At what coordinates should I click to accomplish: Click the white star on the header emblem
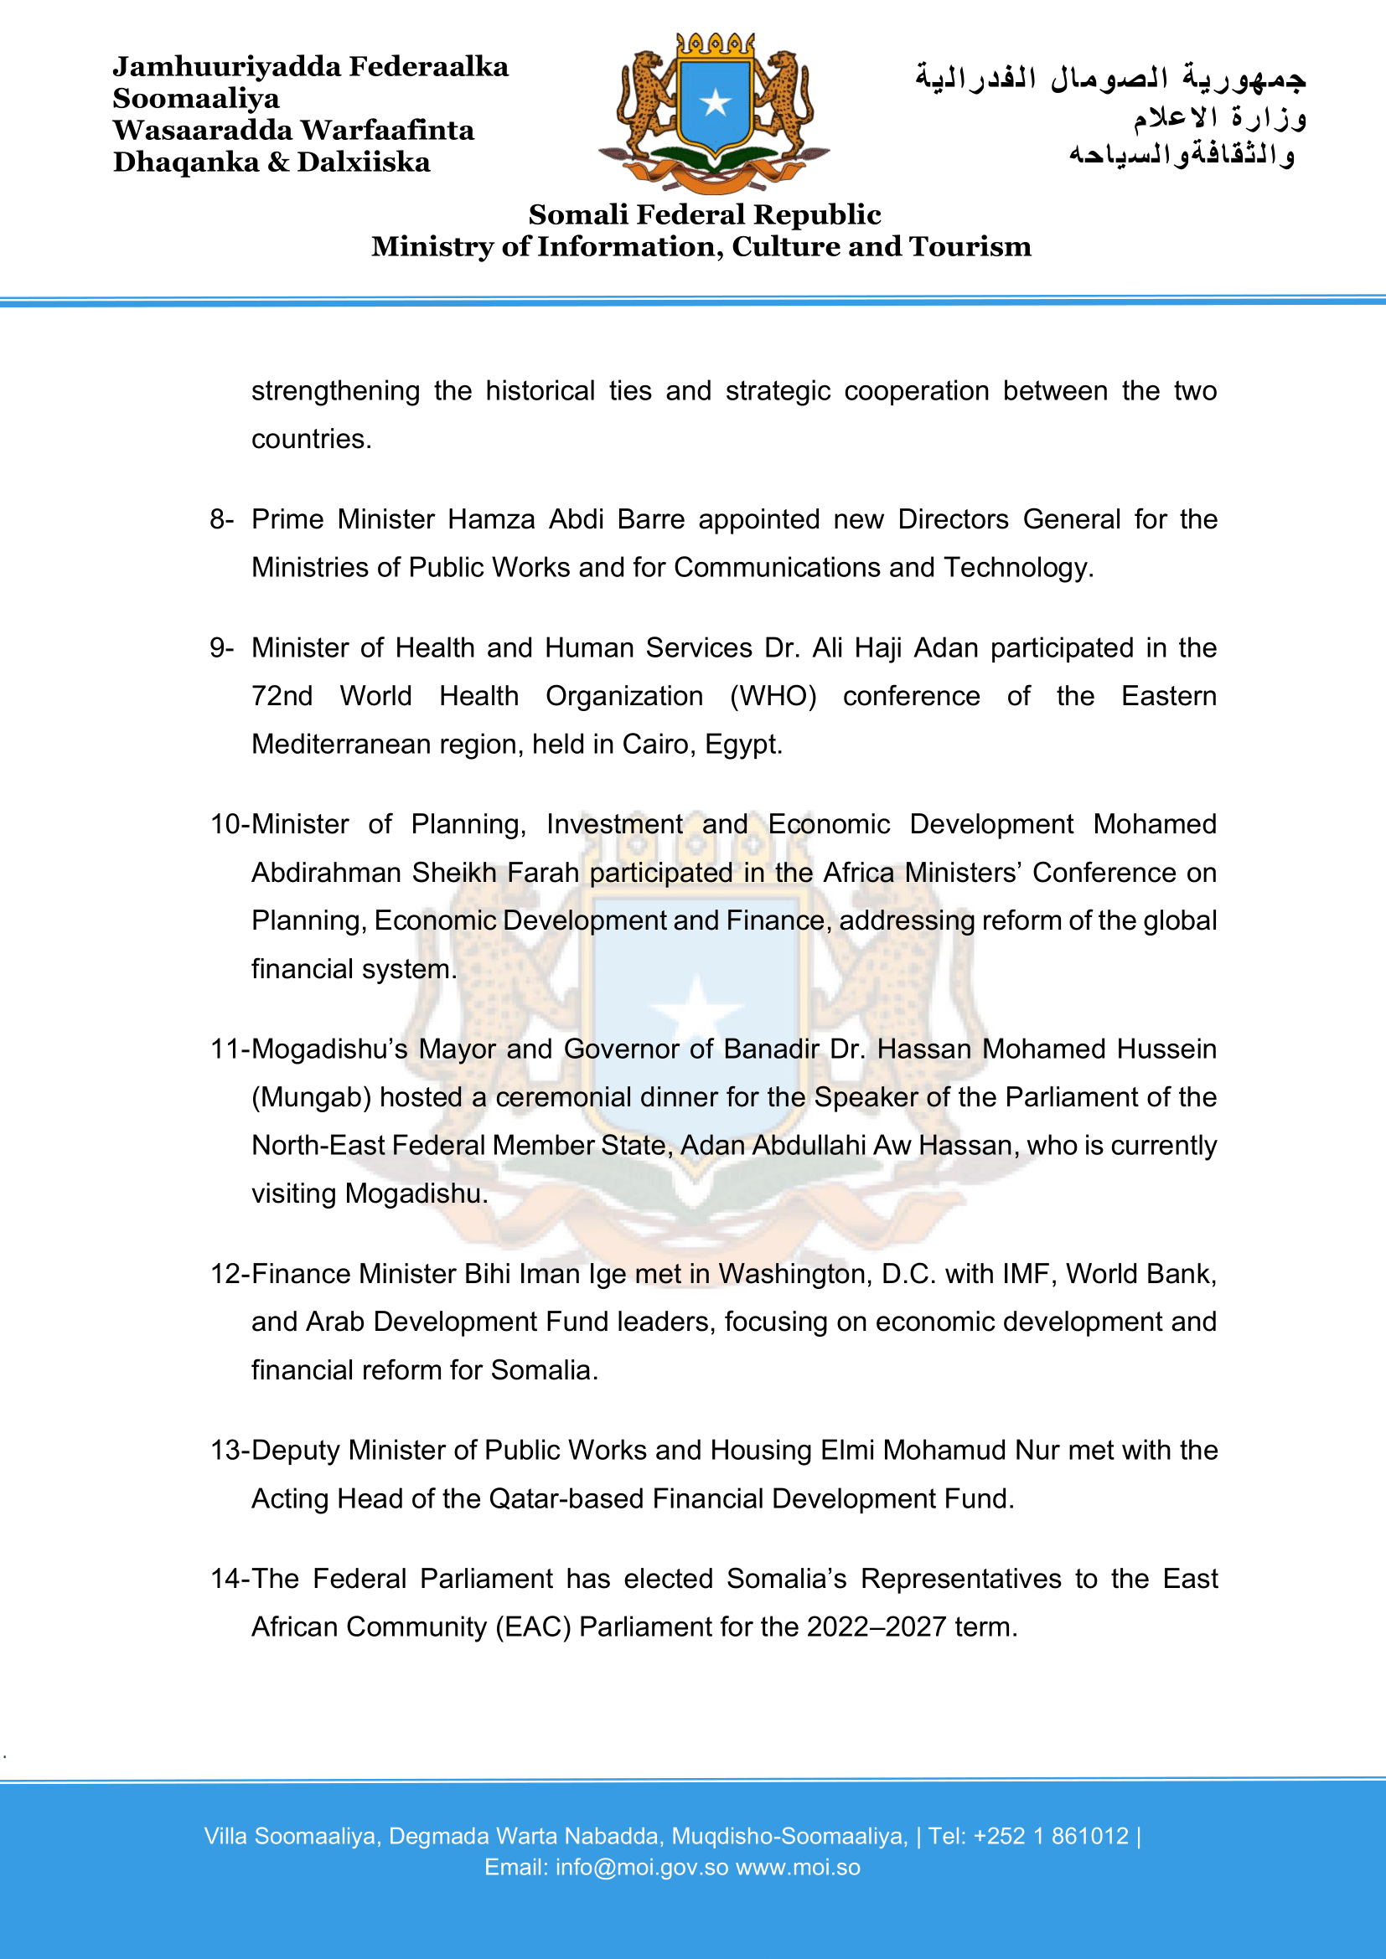coord(715,103)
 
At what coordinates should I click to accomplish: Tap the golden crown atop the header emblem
coord(715,45)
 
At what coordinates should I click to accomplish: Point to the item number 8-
coord(222,518)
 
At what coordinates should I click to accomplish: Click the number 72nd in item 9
coord(282,696)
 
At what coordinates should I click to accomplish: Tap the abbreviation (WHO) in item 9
coord(773,696)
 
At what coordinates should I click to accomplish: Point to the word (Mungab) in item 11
coord(312,1097)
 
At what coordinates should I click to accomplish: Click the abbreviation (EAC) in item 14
coord(534,1627)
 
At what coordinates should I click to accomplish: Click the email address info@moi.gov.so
coord(642,1868)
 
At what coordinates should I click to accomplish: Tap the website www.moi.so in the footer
coord(798,1868)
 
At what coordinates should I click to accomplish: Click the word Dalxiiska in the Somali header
coord(364,162)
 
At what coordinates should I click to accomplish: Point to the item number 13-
coord(230,1451)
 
